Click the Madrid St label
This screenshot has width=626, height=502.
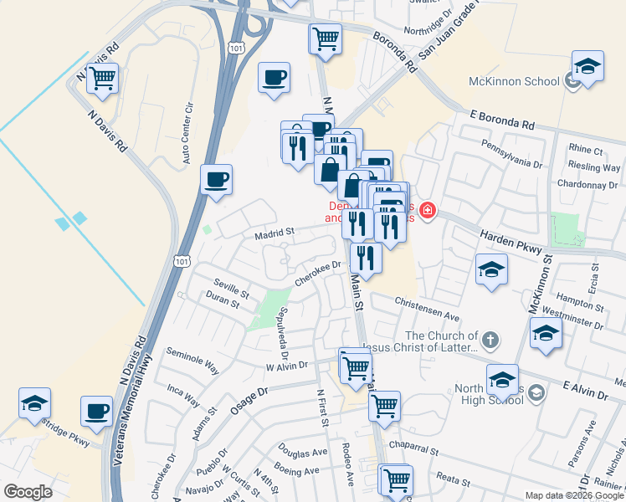click(x=275, y=234)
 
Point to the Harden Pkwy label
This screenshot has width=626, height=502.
click(x=506, y=239)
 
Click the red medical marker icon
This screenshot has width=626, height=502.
click(x=428, y=210)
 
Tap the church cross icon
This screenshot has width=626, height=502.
click(x=490, y=341)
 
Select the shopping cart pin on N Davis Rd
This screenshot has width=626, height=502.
click(x=102, y=79)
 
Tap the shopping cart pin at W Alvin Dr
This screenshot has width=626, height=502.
click(x=356, y=366)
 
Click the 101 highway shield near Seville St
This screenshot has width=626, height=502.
click(x=182, y=261)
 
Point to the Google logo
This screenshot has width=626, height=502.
click(x=28, y=491)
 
